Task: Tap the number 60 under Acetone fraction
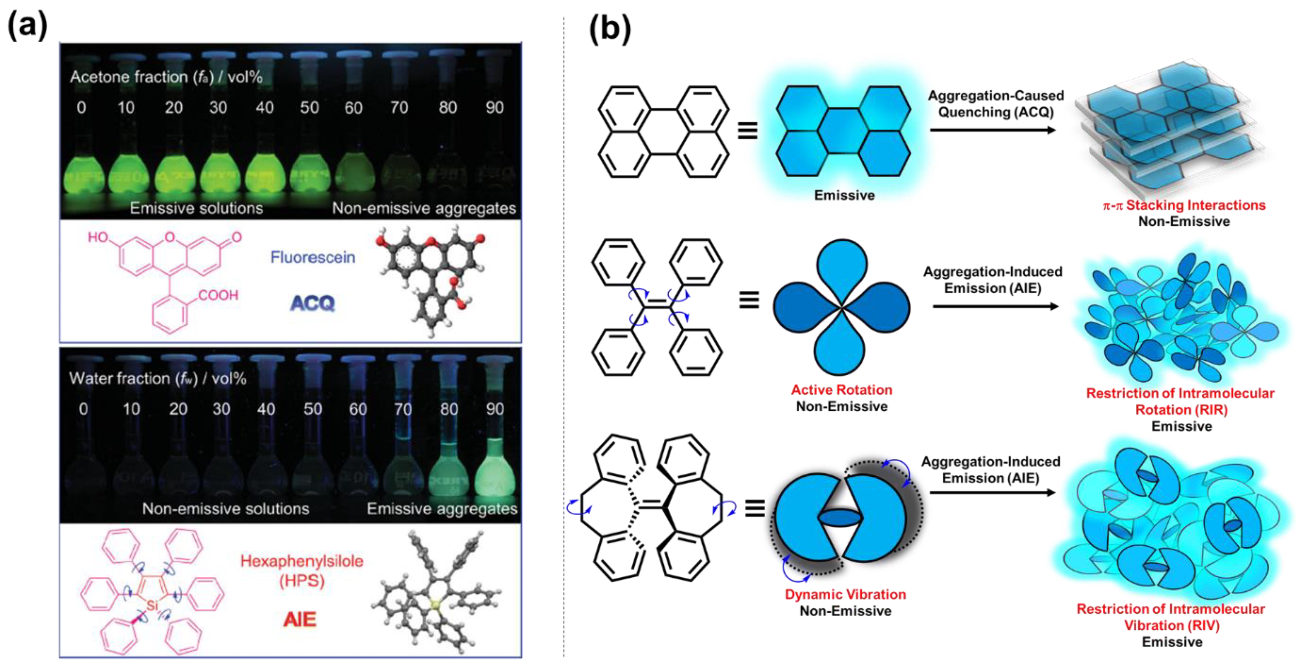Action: [353, 108]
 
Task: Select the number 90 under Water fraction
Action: [495, 409]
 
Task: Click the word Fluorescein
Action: [313, 257]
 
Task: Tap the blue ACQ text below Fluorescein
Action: [313, 303]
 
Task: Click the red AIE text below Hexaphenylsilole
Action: [300, 619]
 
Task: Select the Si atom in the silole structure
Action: [152, 605]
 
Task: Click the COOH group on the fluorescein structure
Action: [218, 295]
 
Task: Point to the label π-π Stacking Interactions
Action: [1184, 205]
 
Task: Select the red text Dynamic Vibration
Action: [845, 594]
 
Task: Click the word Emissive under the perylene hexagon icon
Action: [844, 195]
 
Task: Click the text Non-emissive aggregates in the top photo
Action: [423, 208]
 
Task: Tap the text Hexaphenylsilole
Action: [301, 561]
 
